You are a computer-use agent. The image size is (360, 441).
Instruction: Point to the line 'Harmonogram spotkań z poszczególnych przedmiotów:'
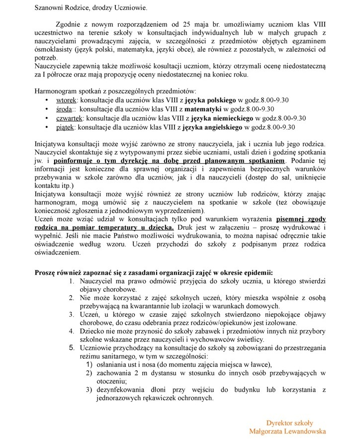pyautogui.click(x=115, y=91)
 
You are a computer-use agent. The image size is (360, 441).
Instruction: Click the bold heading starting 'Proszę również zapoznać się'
pyautogui.click(x=153, y=273)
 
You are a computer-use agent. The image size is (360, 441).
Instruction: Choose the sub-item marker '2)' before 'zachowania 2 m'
pyautogui.click(x=90, y=372)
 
